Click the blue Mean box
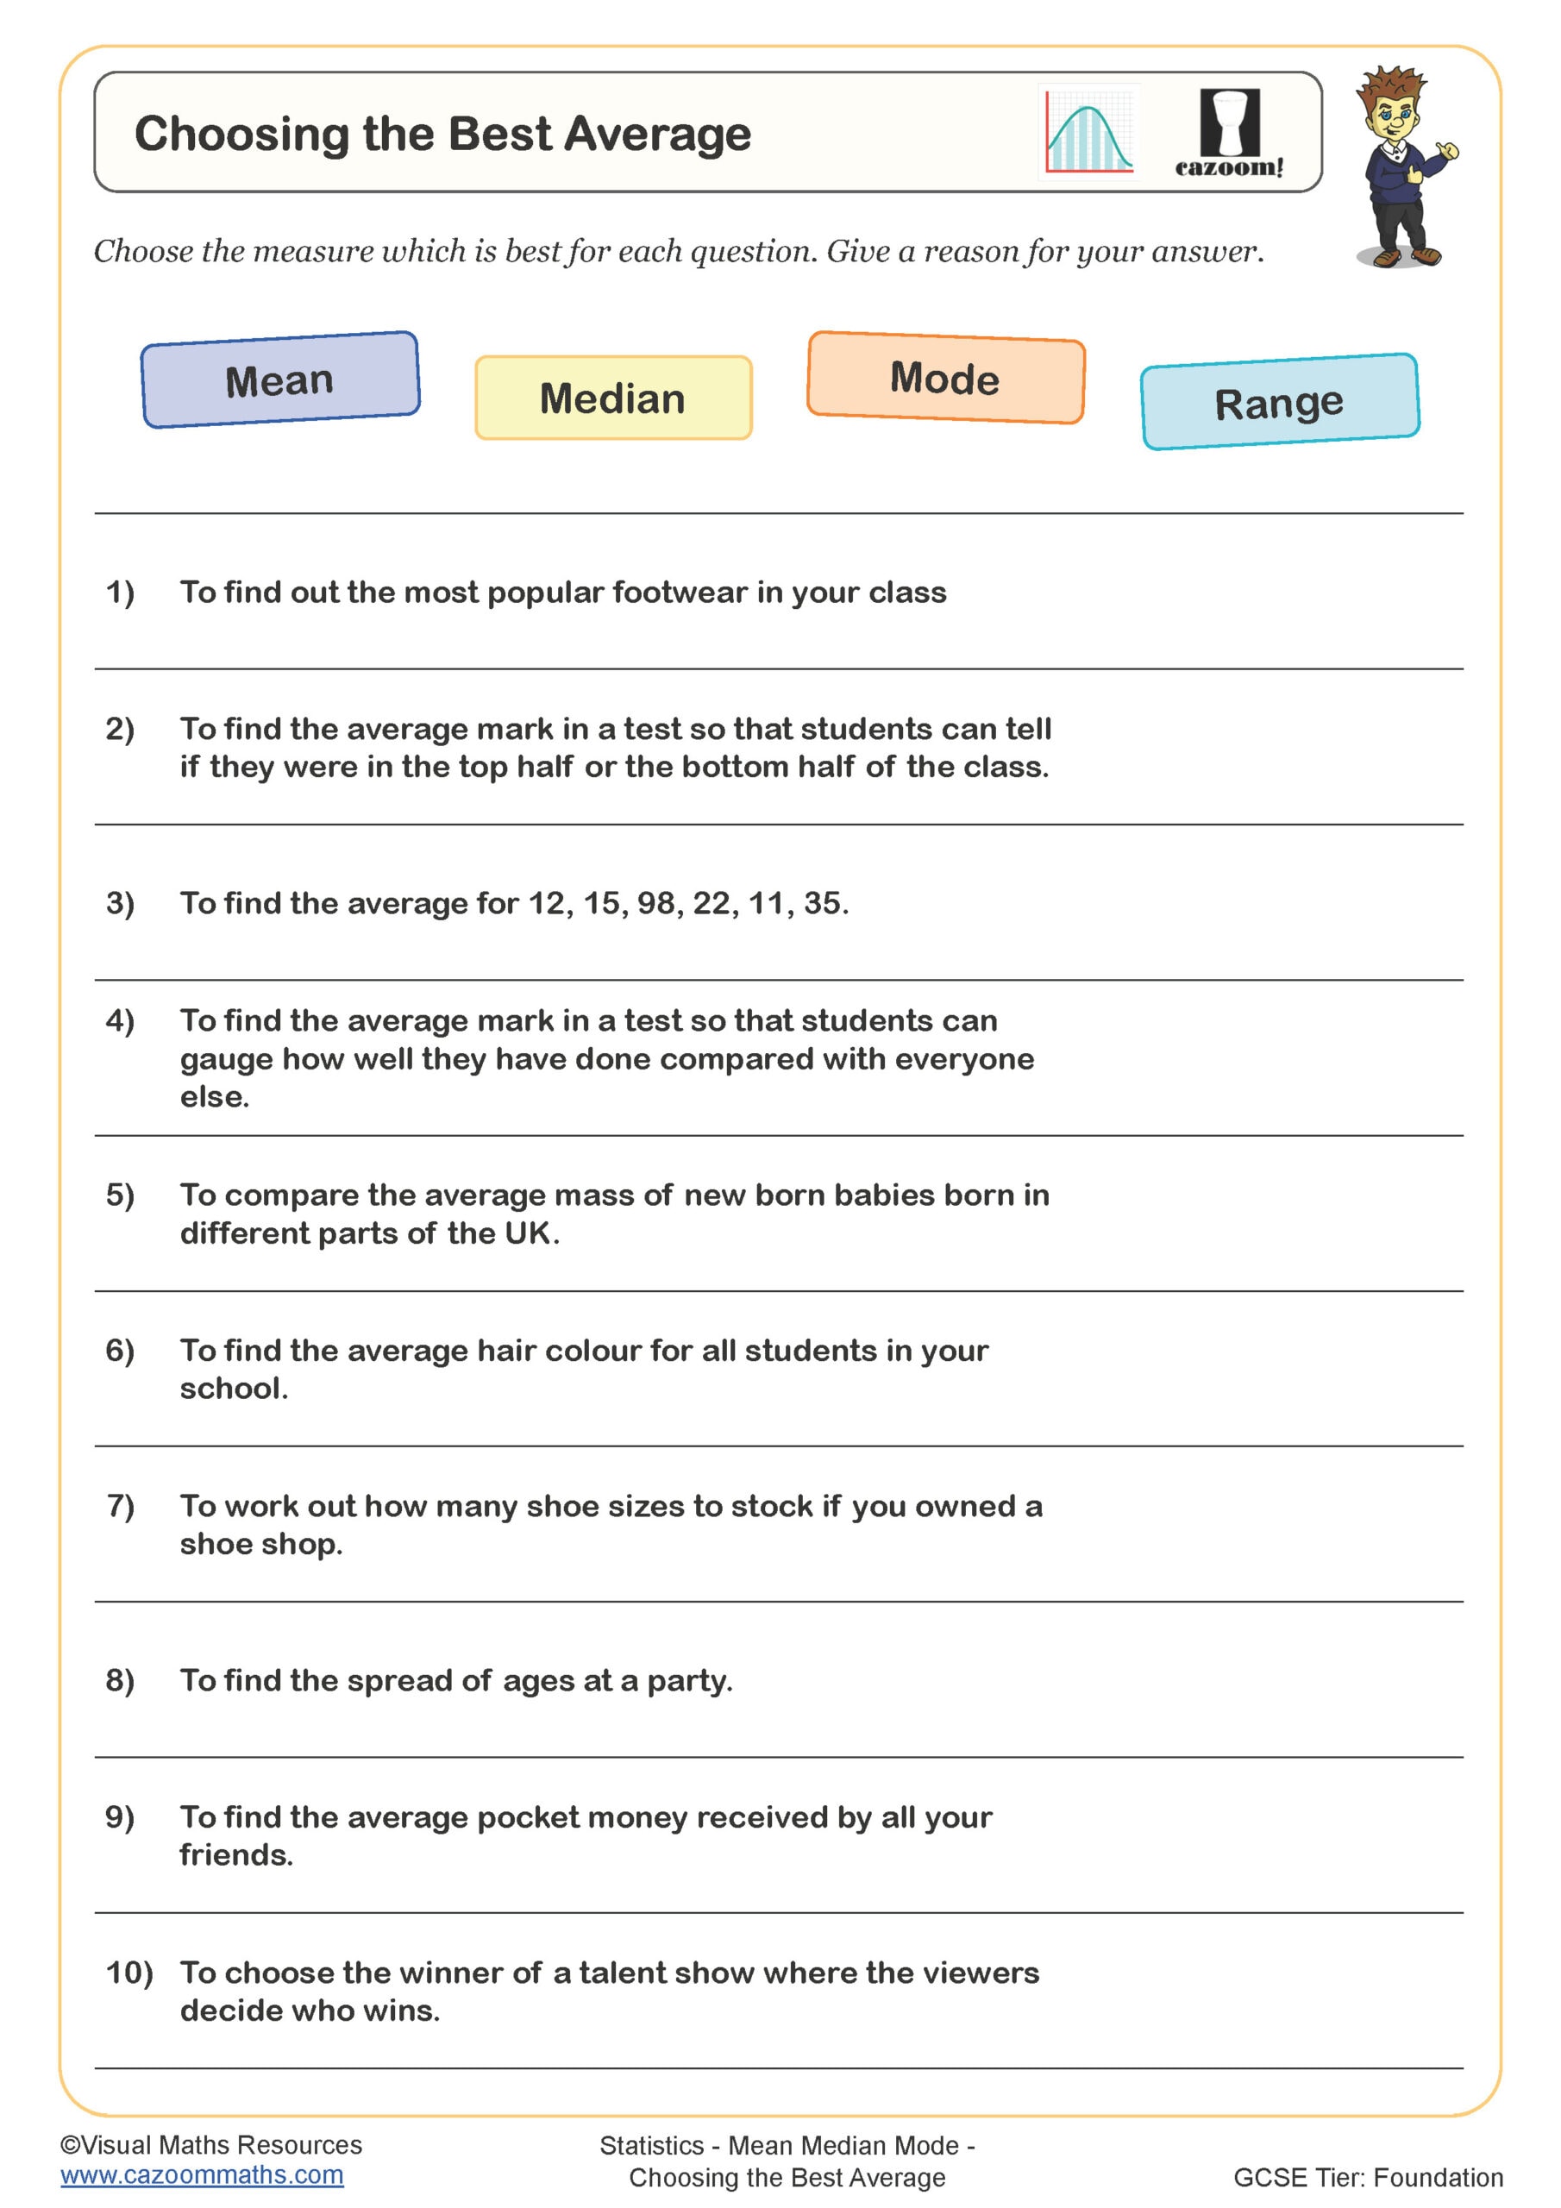(280, 379)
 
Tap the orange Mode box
(945, 378)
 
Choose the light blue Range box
(1279, 402)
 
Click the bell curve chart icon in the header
(1088, 133)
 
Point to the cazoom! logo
(1229, 135)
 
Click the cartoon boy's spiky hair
(1393, 86)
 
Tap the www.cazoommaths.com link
(202, 2175)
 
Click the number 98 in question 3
(657, 903)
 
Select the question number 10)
(129, 1973)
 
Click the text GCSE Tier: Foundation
(1367, 2177)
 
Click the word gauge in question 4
(226, 1060)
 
